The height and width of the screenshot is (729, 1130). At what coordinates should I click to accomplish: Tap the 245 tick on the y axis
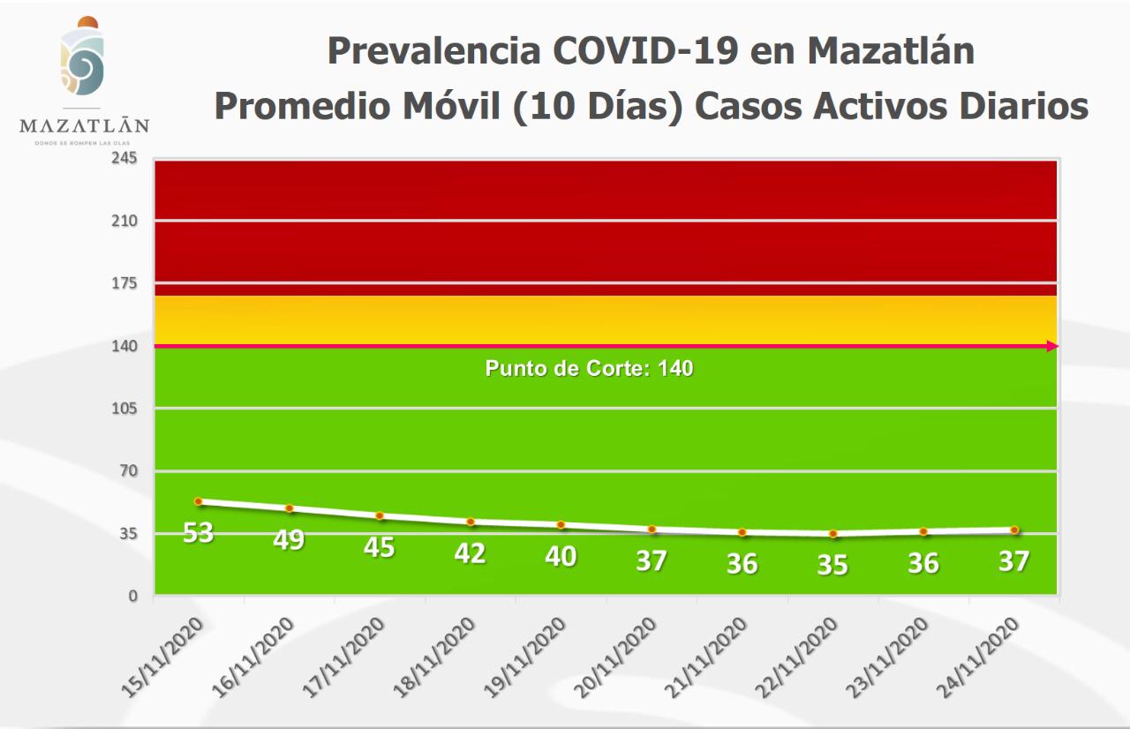pos(124,158)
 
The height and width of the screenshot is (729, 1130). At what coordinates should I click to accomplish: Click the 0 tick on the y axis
pos(132,596)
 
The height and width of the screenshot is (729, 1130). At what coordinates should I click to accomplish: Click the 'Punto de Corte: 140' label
pos(589,368)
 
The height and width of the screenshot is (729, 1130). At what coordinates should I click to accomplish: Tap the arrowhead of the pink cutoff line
pos(1052,346)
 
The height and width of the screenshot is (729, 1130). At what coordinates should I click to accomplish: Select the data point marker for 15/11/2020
pos(199,501)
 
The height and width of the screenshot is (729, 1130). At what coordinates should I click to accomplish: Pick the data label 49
pos(289,539)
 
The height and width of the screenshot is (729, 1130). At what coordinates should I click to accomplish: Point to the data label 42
pos(470,553)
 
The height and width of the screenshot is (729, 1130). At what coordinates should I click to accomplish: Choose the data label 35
pos(832,565)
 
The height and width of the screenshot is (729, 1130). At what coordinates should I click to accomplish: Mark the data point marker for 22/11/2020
pos(832,534)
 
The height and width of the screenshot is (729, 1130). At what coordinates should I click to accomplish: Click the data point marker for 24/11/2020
pos(1014,530)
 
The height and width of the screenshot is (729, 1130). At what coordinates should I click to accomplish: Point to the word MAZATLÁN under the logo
pos(84,125)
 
